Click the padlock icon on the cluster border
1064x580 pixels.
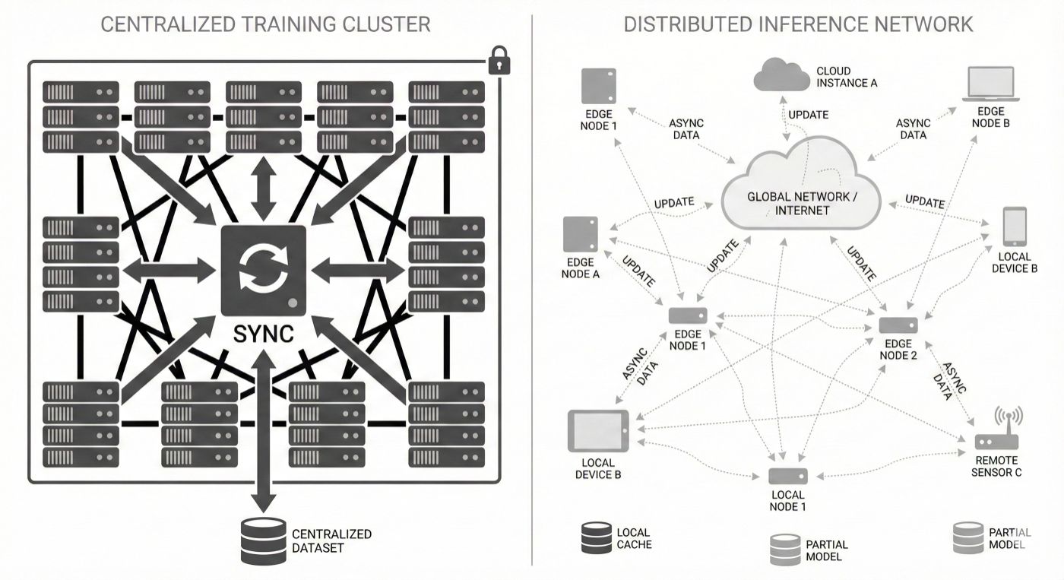click(x=499, y=60)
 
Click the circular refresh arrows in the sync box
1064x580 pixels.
click(x=263, y=269)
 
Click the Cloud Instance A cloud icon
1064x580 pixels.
click(x=782, y=77)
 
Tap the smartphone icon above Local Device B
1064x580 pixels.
click(x=1015, y=227)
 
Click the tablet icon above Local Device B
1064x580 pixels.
click(x=598, y=430)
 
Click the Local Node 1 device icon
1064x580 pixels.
click(x=787, y=477)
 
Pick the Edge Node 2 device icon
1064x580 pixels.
click(x=898, y=325)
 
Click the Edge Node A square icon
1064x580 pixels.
click(x=581, y=234)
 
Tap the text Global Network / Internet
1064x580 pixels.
click(x=802, y=203)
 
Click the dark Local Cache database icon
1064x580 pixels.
click(x=596, y=537)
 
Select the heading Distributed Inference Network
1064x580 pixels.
click(x=798, y=24)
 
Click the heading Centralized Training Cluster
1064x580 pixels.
click(x=265, y=24)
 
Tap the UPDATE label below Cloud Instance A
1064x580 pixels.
click(x=808, y=115)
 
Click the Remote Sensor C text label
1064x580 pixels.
click(x=997, y=466)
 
